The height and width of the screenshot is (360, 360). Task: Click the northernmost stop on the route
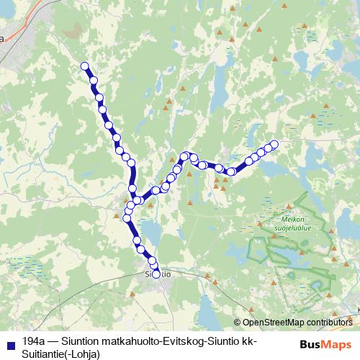point(84,66)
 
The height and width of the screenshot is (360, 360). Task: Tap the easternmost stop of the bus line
point(274,143)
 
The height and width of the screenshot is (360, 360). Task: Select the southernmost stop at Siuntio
point(156,274)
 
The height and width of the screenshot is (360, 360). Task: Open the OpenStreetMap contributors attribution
point(297,323)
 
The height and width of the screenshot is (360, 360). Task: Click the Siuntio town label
point(158,274)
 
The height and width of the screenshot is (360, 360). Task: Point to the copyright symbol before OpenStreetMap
point(238,323)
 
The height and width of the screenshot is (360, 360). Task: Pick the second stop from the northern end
point(93,80)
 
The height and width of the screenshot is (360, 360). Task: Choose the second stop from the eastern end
point(268,148)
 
